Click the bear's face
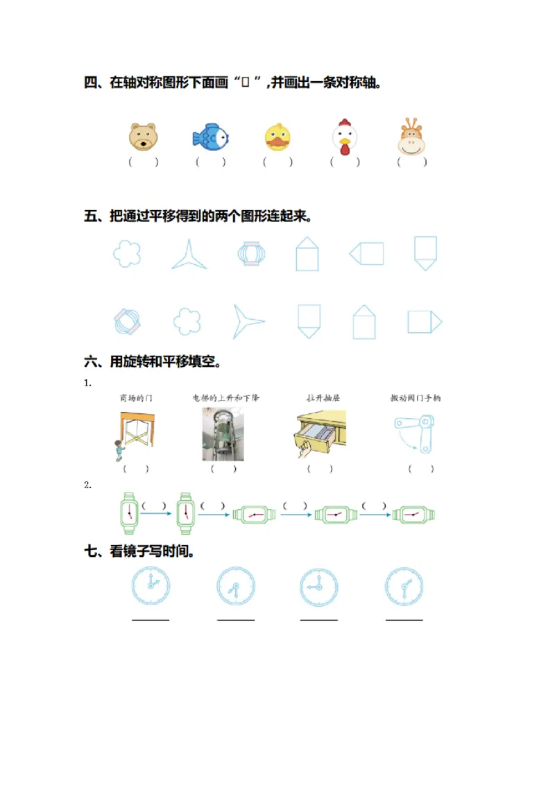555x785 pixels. (x=143, y=137)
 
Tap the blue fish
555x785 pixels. (x=210, y=137)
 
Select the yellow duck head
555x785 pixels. (x=277, y=137)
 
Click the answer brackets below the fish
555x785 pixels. (x=211, y=162)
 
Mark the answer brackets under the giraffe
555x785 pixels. (x=412, y=162)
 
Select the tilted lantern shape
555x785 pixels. (x=128, y=322)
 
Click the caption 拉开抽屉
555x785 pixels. (x=323, y=398)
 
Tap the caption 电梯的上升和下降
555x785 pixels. (x=226, y=398)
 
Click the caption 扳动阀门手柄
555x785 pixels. (x=416, y=398)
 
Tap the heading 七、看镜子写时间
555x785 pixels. (x=139, y=552)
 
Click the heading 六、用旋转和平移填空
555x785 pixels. (x=153, y=361)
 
